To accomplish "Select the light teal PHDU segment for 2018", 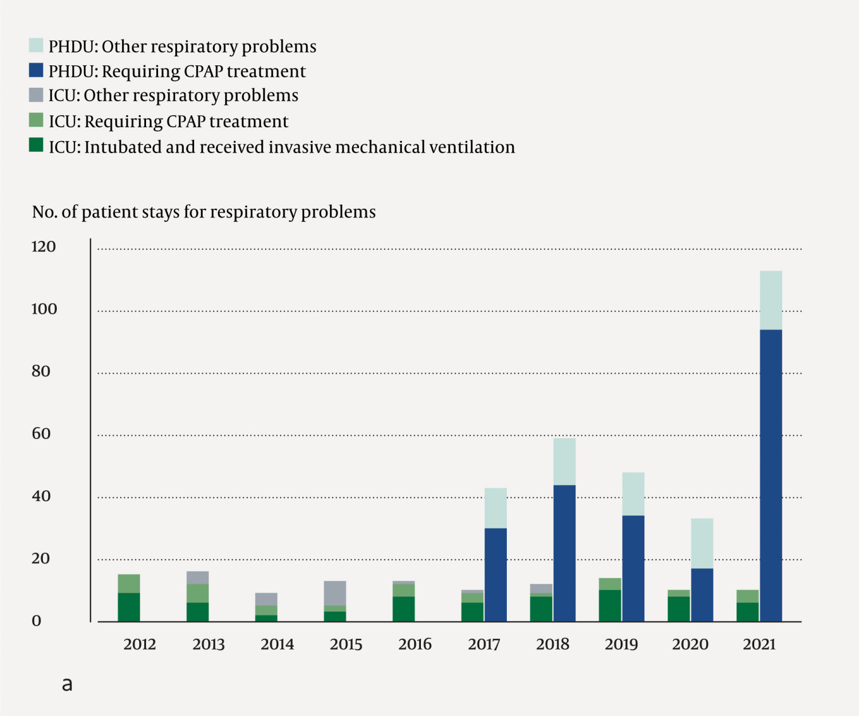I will click(x=564, y=461).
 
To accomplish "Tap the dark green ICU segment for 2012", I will click(x=129, y=607).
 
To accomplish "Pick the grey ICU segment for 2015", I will click(x=335, y=593).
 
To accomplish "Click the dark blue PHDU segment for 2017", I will click(x=495, y=574).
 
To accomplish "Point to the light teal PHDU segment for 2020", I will click(x=702, y=543).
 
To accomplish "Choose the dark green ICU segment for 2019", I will click(x=610, y=605).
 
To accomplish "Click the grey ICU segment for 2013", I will click(x=198, y=577).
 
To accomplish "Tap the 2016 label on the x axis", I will click(x=415, y=644).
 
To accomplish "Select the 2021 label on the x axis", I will click(x=759, y=644).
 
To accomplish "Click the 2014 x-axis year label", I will click(x=277, y=644).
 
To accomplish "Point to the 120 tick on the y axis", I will click(x=44, y=247).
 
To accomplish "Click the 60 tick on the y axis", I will click(x=41, y=434).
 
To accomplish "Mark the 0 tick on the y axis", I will click(x=37, y=621).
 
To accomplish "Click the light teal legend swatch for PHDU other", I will click(x=36, y=45).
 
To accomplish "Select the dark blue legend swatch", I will click(x=36, y=70).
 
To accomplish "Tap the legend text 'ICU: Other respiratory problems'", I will click(x=173, y=95).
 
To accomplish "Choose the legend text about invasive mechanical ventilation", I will click(x=282, y=147).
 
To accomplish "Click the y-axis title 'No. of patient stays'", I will click(x=204, y=212).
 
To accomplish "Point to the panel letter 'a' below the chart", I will click(x=67, y=684).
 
